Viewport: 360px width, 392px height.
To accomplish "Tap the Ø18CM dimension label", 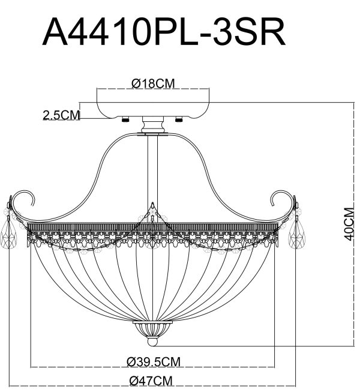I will click(152, 84).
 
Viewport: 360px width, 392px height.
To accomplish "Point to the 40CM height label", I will click(347, 223).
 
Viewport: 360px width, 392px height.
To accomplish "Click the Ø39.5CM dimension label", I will click(153, 361).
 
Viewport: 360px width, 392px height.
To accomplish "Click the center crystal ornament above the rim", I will click(152, 213).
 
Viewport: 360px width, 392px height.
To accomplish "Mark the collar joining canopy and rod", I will click(153, 127).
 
